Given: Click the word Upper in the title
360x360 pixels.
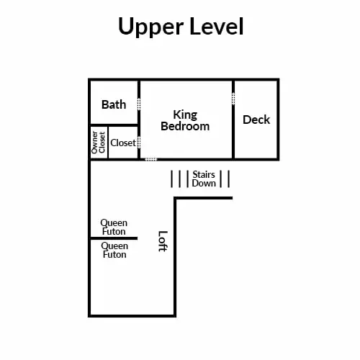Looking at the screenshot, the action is click(x=151, y=27).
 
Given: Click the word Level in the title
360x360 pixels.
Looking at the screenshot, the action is click(x=217, y=26).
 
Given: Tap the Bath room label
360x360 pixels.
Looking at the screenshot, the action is click(x=114, y=104).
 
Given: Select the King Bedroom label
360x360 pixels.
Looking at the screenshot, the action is click(x=185, y=121).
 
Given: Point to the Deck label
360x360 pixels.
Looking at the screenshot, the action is click(x=256, y=120).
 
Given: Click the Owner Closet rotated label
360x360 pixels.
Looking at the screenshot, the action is click(x=99, y=143).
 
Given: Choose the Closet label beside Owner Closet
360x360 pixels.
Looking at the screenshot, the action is click(x=123, y=143).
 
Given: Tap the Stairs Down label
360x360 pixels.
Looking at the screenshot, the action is click(x=204, y=179).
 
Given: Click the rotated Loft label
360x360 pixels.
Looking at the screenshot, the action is click(x=163, y=241).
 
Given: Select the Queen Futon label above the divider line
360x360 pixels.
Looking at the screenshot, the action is click(x=114, y=227).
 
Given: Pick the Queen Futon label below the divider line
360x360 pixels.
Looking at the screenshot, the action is click(x=114, y=250).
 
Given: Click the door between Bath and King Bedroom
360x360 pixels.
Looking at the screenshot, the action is click(x=139, y=104).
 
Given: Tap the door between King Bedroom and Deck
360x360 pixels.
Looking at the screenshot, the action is click(x=233, y=99).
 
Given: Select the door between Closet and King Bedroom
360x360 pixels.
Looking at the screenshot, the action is click(x=139, y=143).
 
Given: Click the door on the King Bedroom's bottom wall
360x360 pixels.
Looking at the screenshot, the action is click(x=151, y=159).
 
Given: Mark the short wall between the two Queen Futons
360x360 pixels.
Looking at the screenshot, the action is click(x=114, y=238).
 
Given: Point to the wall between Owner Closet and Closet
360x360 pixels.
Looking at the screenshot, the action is click(x=108, y=143).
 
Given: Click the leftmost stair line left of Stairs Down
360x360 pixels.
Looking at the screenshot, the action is click(x=171, y=179).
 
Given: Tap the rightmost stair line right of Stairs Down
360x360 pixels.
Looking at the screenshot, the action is click(x=229, y=179).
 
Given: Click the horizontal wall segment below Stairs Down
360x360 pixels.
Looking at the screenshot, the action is click(x=203, y=198).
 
